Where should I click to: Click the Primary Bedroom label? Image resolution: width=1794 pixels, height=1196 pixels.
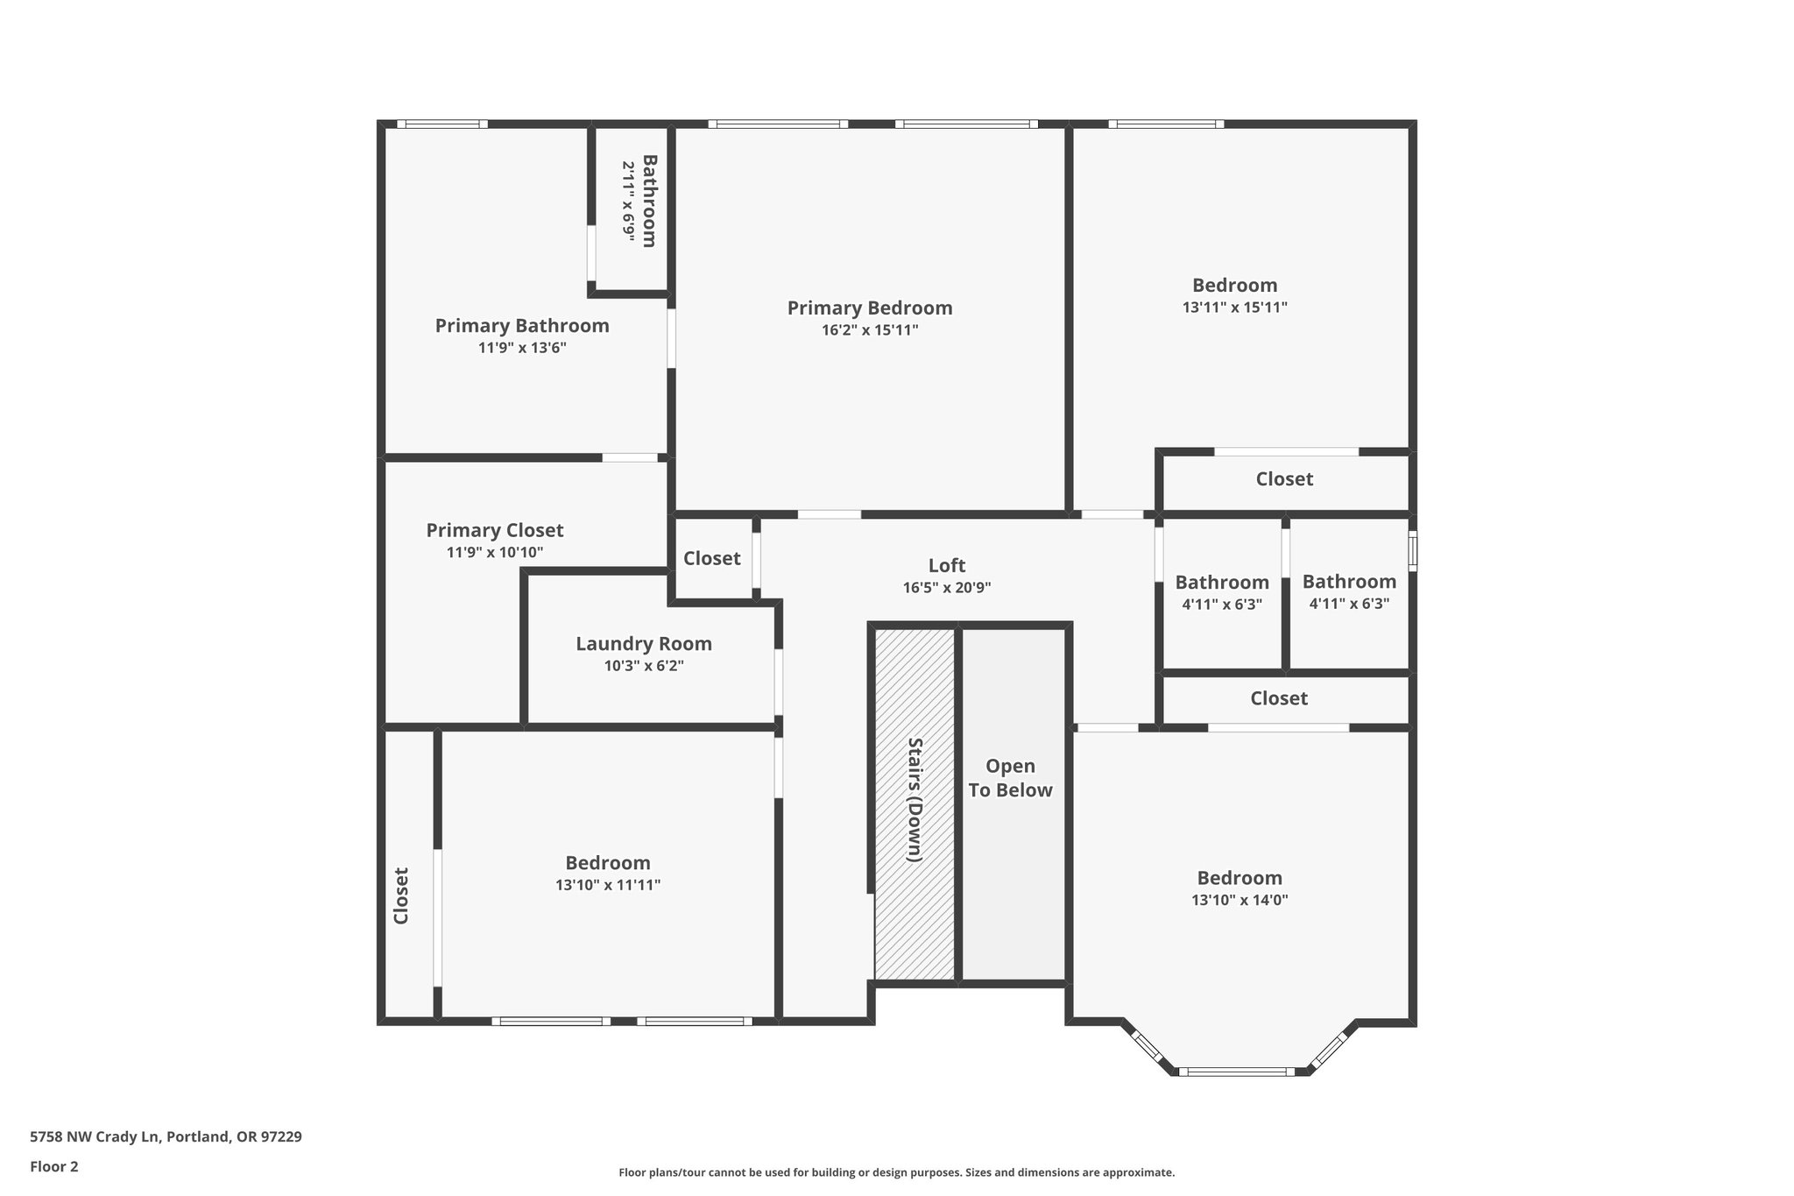pyautogui.click(x=869, y=308)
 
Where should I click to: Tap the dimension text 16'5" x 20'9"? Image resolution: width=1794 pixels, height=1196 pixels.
pyautogui.click(x=947, y=588)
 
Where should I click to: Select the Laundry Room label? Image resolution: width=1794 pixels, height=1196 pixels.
pyautogui.click(x=644, y=644)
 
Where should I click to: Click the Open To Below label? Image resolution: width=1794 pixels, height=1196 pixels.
pyautogui.click(x=1010, y=778)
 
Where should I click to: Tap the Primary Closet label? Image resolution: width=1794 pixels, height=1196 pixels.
pyautogui.click(x=495, y=530)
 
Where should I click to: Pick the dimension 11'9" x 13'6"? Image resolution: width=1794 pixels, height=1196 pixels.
pyautogui.click(x=522, y=348)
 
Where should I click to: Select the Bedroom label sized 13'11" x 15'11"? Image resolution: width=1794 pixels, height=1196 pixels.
pyautogui.click(x=1234, y=286)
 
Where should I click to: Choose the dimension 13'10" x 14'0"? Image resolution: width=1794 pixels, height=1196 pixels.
pyautogui.click(x=1240, y=900)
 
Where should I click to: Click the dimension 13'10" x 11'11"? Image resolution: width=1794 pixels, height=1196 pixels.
pyautogui.click(x=608, y=885)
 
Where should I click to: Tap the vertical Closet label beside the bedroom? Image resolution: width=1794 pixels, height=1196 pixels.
pyautogui.click(x=401, y=895)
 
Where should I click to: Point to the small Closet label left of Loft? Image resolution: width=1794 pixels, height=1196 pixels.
pyautogui.click(x=712, y=558)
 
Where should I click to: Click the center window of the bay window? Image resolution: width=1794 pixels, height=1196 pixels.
pyautogui.click(x=1236, y=1071)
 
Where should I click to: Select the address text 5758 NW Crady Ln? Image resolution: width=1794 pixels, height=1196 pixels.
pyautogui.click(x=95, y=1137)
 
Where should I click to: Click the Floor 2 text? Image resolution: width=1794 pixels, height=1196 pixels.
pyautogui.click(x=54, y=1166)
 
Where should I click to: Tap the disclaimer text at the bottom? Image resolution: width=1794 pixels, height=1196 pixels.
pyautogui.click(x=897, y=1172)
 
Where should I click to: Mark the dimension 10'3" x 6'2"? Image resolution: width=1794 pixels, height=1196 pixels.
pyautogui.click(x=644, y=666)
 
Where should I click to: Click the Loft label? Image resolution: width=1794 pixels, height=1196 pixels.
pyautogui.click(x=947, y=566)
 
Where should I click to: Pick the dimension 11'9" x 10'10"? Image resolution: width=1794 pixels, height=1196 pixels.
pyautogui.click(x=495, y=553)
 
